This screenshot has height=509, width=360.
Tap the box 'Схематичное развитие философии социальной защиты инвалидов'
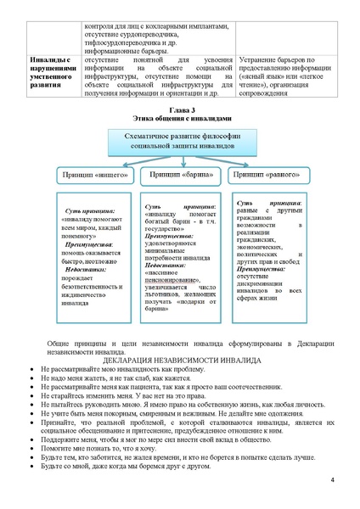[x=179, y=141]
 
